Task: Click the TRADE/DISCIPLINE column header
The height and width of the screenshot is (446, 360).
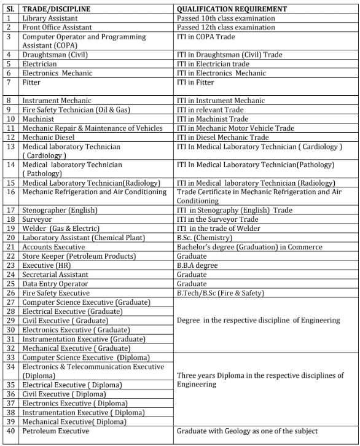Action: point(57,10)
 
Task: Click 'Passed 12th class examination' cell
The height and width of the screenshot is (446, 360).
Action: point(226,28)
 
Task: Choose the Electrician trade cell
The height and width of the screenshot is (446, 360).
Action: point(39,64)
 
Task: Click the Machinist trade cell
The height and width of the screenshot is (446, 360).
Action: point(38,119)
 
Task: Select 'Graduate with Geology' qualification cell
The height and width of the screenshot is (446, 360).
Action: point(247,431)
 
